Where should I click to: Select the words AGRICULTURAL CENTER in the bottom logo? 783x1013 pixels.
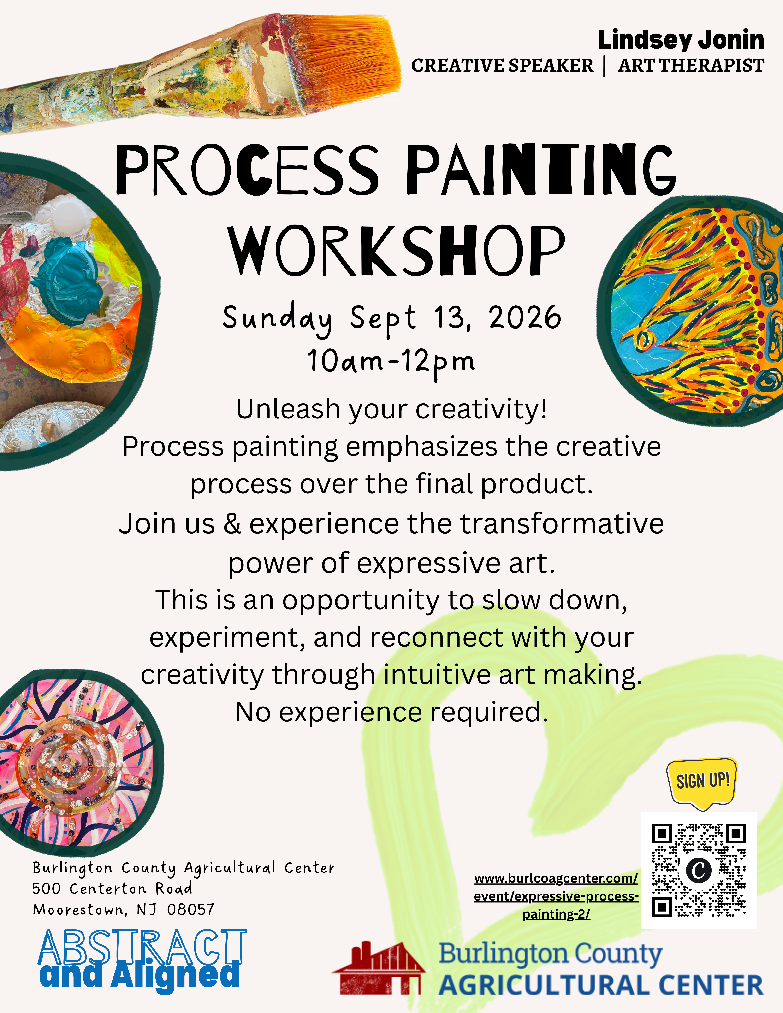click(601, 986)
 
